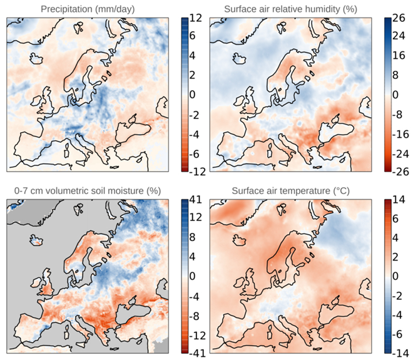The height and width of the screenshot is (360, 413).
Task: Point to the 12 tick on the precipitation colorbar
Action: pos(194,19)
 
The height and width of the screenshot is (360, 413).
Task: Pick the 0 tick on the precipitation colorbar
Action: pos(192,95)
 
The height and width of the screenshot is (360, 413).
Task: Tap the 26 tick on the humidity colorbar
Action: pos(399,19)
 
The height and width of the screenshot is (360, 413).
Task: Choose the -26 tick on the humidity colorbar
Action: pos(400,170)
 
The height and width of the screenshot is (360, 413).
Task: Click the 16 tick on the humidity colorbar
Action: pos(399,57)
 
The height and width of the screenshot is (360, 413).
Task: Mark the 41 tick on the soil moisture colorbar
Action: pos(194,201)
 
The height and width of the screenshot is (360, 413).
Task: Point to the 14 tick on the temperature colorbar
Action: pos(399,201)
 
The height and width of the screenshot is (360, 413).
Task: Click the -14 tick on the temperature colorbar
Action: pos(400,352)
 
